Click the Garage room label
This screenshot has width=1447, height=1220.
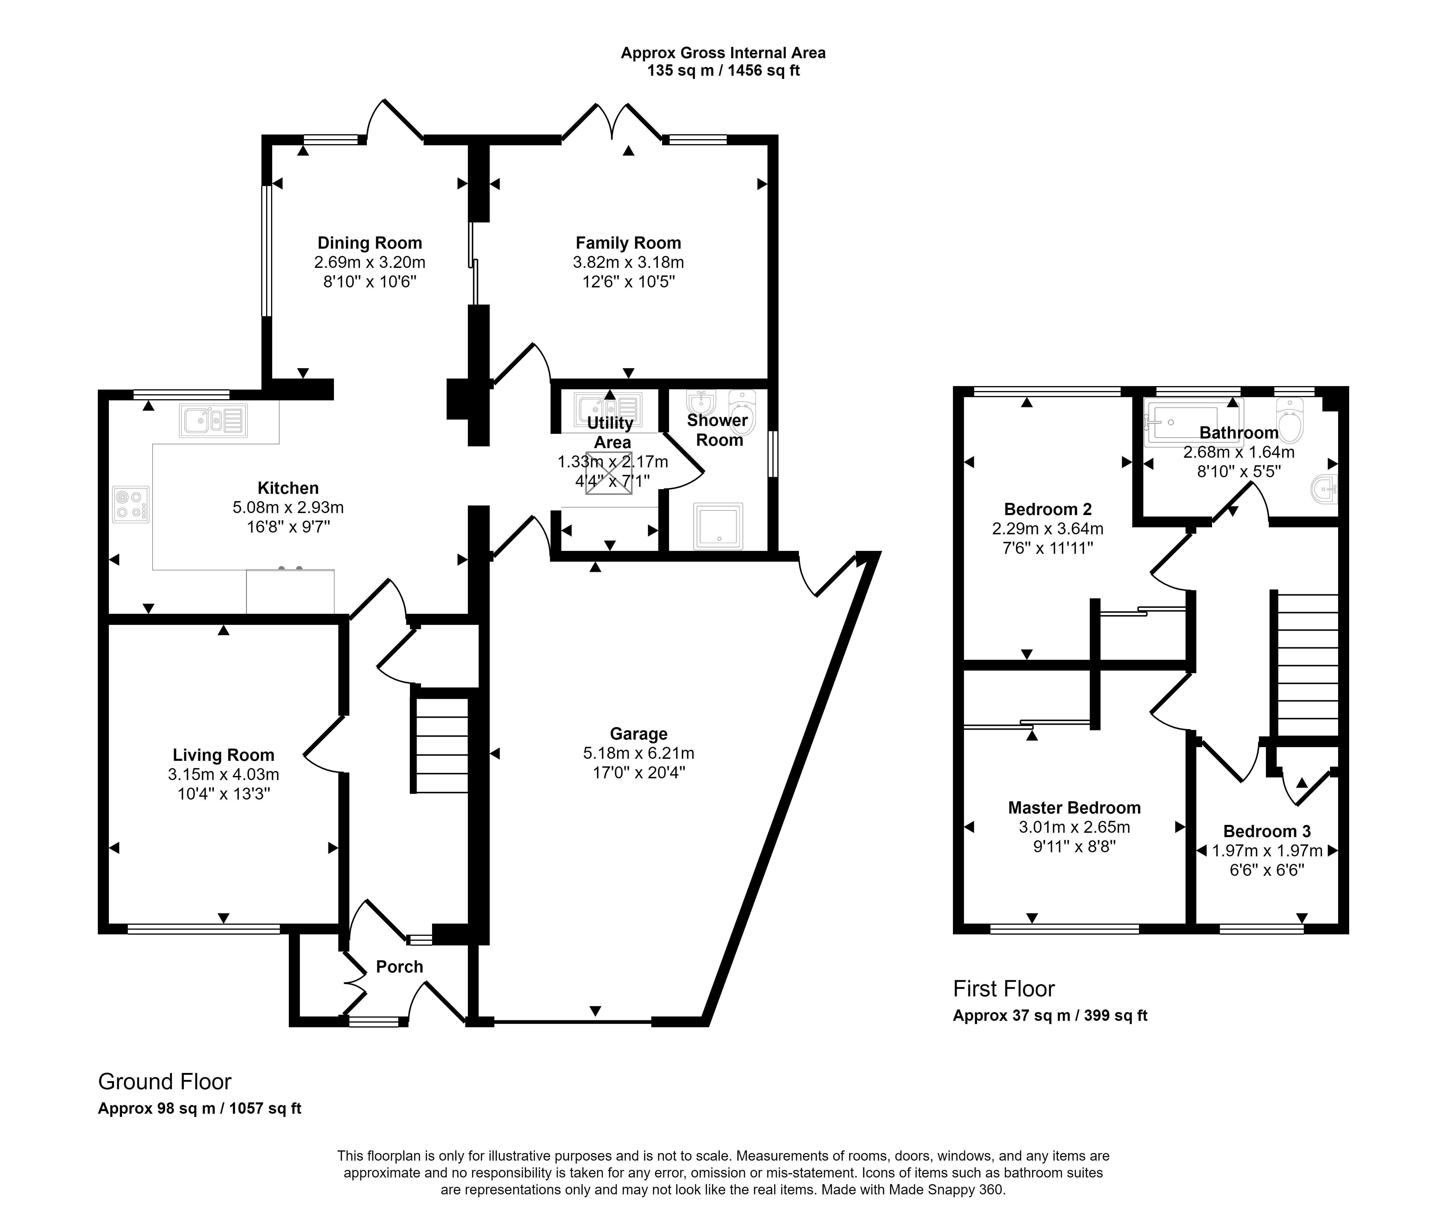click(638, 734)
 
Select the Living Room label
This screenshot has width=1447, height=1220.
click(223, 755)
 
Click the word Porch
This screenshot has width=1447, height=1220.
click(399, 967)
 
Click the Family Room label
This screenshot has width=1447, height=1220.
click(628, 243)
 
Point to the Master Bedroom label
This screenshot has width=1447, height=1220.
click(1074, 808)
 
